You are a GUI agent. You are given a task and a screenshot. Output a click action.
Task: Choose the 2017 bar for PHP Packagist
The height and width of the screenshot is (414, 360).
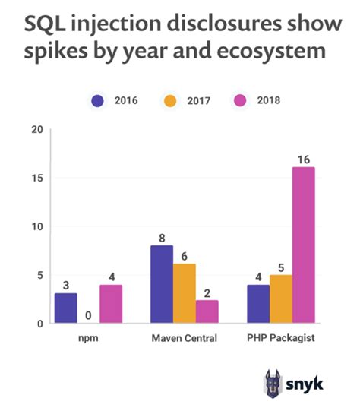pos(281,299)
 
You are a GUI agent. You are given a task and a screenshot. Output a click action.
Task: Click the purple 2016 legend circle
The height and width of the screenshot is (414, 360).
pos(97,100)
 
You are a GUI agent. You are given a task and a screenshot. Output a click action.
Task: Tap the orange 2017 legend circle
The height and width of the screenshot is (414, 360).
pos(172,100)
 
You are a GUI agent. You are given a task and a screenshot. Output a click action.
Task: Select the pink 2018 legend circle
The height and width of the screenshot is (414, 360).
pos(245,100)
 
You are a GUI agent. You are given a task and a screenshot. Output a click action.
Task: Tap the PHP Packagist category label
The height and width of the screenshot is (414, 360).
pos(281,339)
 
